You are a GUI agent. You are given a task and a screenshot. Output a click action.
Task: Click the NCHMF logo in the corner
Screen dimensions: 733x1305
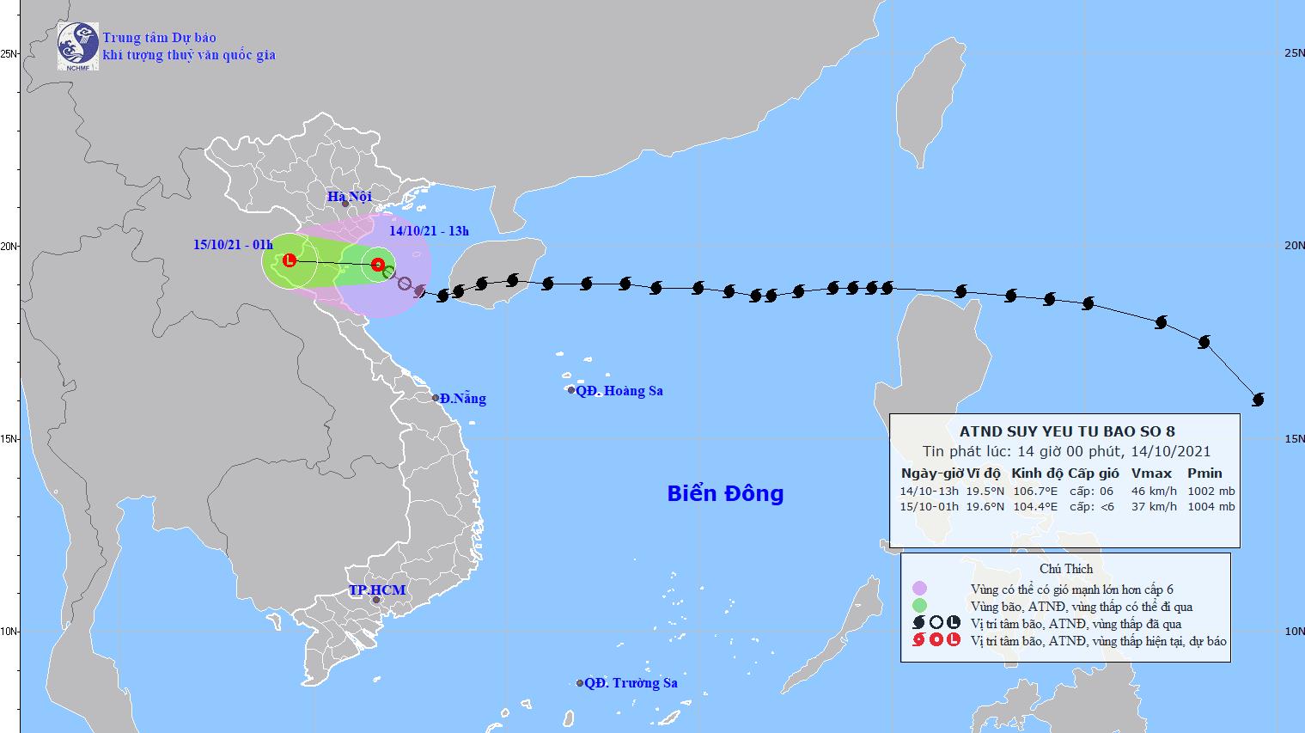pyautogui.click(x=77, y=46)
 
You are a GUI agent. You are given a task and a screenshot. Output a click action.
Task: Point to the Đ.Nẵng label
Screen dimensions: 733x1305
pyautogui.click(x=462, y=399)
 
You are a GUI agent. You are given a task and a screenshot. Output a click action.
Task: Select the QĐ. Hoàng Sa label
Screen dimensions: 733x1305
pyautogui.click(x=619, y=391)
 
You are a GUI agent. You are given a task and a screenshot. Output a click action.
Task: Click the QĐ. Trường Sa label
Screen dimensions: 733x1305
pyautogui.click(x=631, y=683)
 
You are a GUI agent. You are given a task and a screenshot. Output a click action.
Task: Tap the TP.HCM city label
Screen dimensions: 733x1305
pyautogui.click(x=376, y=590)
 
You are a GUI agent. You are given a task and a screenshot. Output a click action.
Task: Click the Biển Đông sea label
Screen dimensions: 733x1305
pyautogui.click(x=725, y=493)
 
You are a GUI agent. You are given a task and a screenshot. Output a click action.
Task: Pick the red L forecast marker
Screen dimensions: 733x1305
pyautogui.click(x=290, y=260)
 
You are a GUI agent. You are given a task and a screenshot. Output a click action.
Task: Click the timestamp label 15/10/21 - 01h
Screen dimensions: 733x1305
pyautogui.click(x=232, y=244)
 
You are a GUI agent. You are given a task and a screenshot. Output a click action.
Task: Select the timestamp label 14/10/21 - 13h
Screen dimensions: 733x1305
pyautogui.click(x=429, y=230)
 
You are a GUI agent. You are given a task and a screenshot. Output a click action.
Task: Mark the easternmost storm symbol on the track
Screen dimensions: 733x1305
pyautogui.click(x=1259, y=400)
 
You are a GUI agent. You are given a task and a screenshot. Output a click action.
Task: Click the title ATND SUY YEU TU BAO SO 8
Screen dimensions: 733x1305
pyautogui.click(x=1066, y=431)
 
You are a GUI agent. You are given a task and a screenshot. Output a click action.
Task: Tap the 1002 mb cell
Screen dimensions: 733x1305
pyautogui.click(x=1211, y=492)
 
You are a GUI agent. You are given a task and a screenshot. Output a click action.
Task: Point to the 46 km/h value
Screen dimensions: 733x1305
pyautogui.click(x=1149, y=492)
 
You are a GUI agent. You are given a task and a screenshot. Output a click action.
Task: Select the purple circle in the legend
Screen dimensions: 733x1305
pyautogui.click(x=919, y=589)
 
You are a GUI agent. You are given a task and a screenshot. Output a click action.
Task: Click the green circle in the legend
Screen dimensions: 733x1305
pyautogui.click(x=919, y=606)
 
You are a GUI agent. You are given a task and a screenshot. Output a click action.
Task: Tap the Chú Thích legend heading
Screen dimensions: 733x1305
pyautogui.click(x=1065, y=569)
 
